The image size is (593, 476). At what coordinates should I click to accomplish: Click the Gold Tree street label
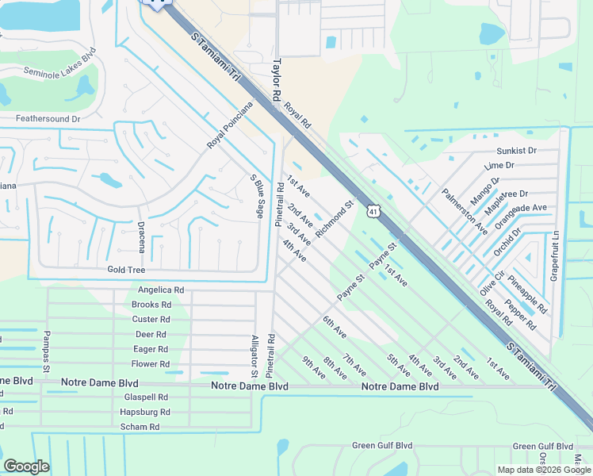(x=126, y=270)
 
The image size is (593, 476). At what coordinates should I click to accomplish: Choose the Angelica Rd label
(x=161, y=290)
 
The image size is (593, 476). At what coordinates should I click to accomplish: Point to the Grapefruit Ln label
(x=555, y=255)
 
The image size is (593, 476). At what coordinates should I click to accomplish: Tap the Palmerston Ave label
(x=465, y=210)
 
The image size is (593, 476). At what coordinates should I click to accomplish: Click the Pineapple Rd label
(x=527, y=294)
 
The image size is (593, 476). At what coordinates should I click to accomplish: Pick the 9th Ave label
(x=313, y=368)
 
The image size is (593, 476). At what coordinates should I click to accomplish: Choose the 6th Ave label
(x=335, y=326)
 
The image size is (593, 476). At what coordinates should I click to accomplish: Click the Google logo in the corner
(x=27, y=466)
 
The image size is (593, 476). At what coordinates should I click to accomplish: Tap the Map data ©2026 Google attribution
(x=543, y=470)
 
